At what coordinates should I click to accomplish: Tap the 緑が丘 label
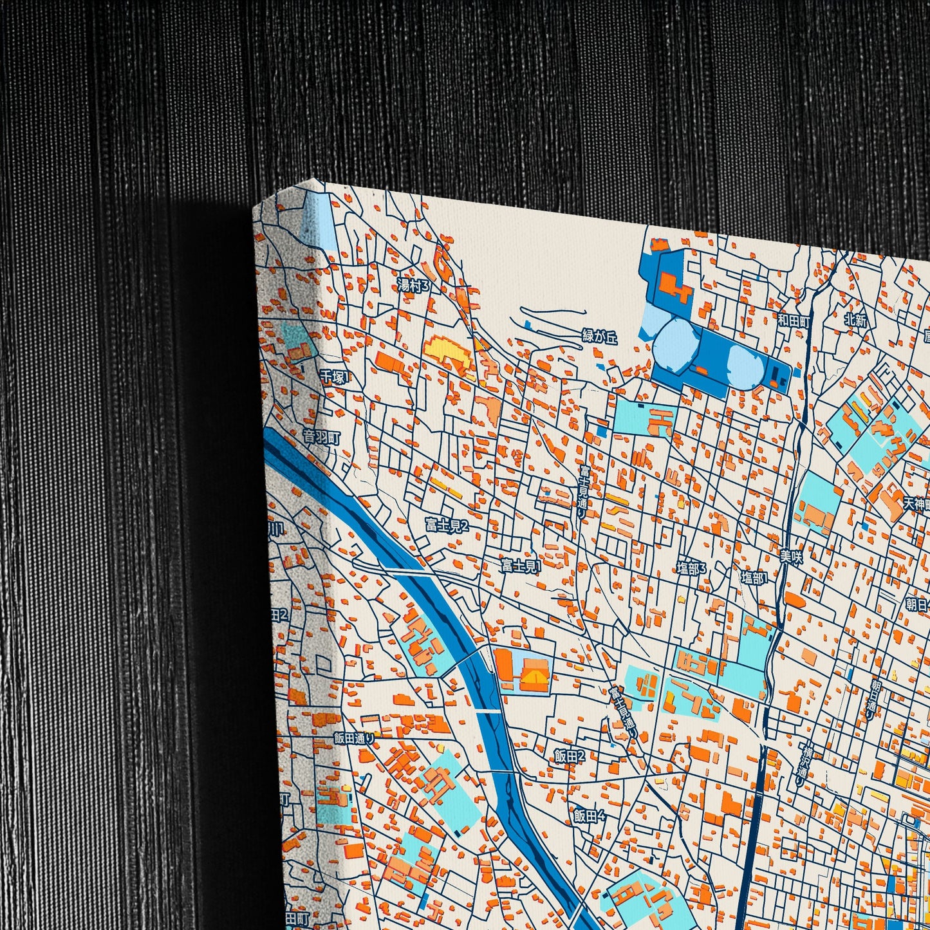[599, 336]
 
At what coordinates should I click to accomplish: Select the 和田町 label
[792, 320]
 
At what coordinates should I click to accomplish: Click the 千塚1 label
[333, 377]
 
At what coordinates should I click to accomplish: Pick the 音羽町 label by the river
[321, 438]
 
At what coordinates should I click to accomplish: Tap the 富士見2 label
[447, 525]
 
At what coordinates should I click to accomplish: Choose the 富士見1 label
[521, 566]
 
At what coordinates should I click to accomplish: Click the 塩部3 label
[691, 568]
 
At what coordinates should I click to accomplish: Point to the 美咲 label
[791, 557]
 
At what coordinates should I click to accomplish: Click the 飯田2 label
[570, 756]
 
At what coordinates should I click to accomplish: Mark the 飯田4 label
[590, 816]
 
